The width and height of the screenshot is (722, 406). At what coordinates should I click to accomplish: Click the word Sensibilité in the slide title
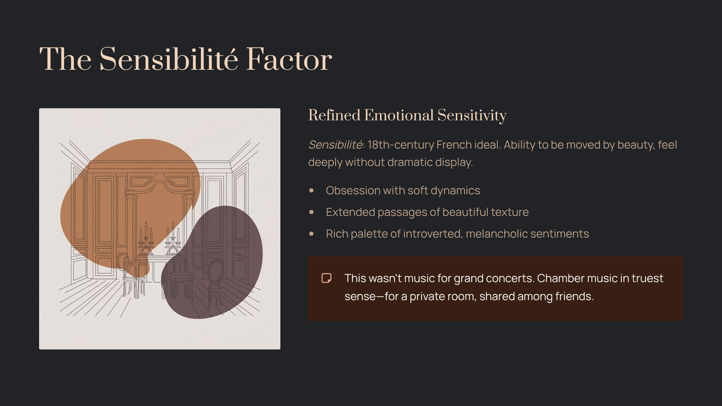168,59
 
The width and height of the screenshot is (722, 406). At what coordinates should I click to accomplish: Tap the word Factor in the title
289,59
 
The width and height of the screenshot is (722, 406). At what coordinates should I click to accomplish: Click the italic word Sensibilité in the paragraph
335,145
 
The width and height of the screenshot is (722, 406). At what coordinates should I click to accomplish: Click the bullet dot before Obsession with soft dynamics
311,191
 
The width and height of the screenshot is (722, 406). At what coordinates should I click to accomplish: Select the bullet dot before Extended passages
311,212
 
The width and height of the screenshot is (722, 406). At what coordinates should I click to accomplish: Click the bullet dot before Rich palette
311,234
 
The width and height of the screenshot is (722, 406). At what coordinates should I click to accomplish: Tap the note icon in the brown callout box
326,278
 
